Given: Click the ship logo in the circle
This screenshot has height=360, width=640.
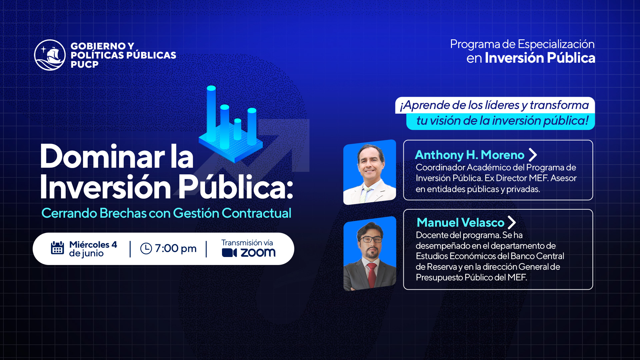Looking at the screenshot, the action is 50,55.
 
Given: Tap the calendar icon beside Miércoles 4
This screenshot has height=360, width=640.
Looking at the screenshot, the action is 57,248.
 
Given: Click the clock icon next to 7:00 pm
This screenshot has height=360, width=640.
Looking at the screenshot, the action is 146,248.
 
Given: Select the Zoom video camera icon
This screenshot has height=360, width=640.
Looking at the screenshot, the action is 229,253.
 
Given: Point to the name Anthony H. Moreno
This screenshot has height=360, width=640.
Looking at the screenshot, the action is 470,155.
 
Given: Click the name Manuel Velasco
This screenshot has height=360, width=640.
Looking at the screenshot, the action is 461,222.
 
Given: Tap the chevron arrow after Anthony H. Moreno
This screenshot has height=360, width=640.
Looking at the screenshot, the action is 533,155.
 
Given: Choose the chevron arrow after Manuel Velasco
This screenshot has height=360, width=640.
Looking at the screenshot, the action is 512,222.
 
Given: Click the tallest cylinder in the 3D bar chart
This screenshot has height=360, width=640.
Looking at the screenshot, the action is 211,114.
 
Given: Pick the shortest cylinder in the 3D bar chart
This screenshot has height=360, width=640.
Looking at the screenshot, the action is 238,129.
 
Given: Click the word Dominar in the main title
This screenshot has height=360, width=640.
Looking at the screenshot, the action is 102,157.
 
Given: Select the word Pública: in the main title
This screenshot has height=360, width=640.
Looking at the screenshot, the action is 235,187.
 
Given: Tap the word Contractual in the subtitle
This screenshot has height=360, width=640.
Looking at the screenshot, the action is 256,213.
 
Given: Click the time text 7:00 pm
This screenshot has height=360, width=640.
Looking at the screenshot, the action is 176,248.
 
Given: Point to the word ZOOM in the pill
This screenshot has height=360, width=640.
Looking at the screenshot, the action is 258,253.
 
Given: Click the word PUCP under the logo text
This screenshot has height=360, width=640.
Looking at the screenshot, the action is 85,65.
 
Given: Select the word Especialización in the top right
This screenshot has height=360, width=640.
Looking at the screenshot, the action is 556,44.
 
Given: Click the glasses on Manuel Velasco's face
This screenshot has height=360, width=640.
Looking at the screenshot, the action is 370,239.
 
